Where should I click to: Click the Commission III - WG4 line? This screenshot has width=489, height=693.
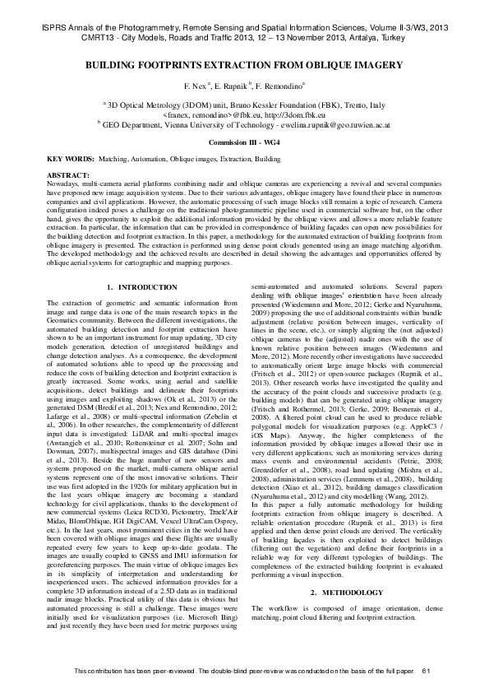click(244, 142)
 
